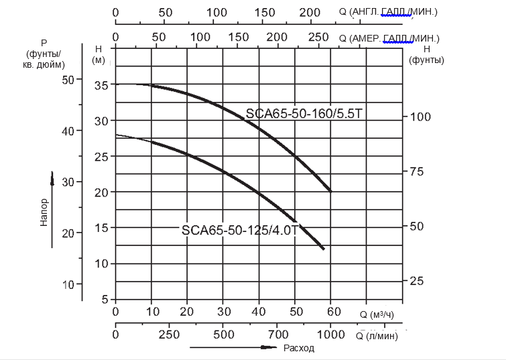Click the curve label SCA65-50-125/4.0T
coord(240,230)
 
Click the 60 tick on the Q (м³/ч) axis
coord(330,312)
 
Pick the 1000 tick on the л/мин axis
coord(330,335)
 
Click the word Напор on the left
coord(44,212)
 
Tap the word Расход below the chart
coord(299,348)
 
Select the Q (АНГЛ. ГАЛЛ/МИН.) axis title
coord(389,12)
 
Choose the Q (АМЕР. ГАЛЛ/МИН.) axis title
coord(389,38)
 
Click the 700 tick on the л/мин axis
coord(294,335)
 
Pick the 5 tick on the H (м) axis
coord(105,299)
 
